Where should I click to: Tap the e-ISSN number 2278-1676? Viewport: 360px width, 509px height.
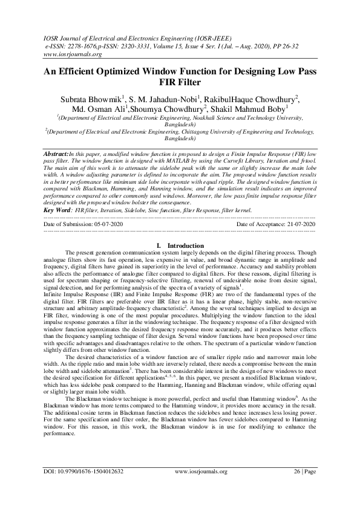point(87,46)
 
